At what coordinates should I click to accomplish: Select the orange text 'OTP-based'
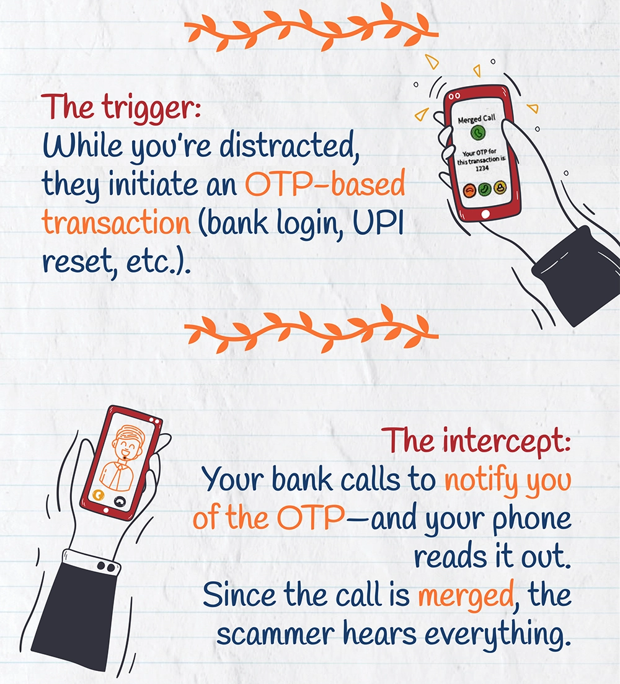pos(325,184)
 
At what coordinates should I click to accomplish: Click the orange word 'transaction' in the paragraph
pos(116,222)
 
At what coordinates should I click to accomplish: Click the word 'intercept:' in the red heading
pos(506,441)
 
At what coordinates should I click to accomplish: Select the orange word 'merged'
pos(466,595)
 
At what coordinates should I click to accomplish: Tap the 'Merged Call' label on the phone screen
pos(476,118)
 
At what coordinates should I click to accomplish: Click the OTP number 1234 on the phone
pos(482,168)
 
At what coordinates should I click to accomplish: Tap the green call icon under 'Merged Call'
pos(478,133)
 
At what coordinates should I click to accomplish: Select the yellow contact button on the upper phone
pos(500,188)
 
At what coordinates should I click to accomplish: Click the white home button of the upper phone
pos(485,214)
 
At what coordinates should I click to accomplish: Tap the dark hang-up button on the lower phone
pos(119,502)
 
